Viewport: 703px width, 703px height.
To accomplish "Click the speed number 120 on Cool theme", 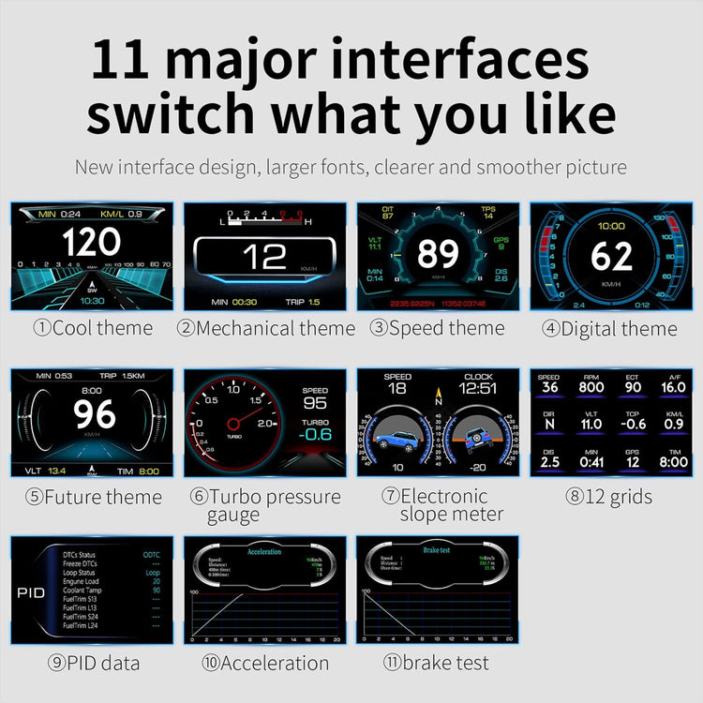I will click(x=91, y=243).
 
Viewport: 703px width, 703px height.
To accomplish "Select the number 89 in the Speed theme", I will click(x=437, y=253).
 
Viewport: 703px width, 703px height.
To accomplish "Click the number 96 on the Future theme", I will click(x=94, y=414).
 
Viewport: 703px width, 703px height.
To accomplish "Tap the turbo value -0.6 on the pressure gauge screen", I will click(x=315, y=434).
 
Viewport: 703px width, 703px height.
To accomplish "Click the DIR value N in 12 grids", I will click(x=550, y=425).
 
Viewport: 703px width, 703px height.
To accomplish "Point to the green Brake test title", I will click(x=437, y=551).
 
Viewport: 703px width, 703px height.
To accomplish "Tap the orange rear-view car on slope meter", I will click(x=476, y=434).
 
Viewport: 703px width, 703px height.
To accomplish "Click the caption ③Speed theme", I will click(x=437, y=328).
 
